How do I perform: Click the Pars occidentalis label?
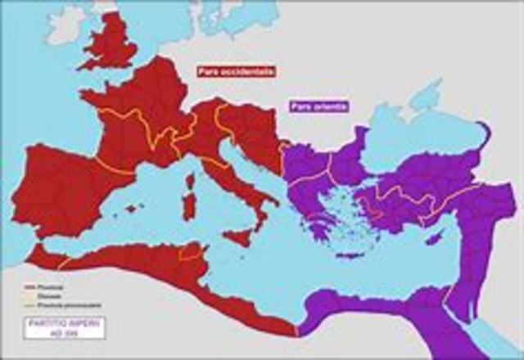[x=235, y=71]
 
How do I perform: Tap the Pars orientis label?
[x=317, y=106]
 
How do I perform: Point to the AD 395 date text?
[x=58, y=332]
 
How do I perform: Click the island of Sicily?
[x=240, y=235]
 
